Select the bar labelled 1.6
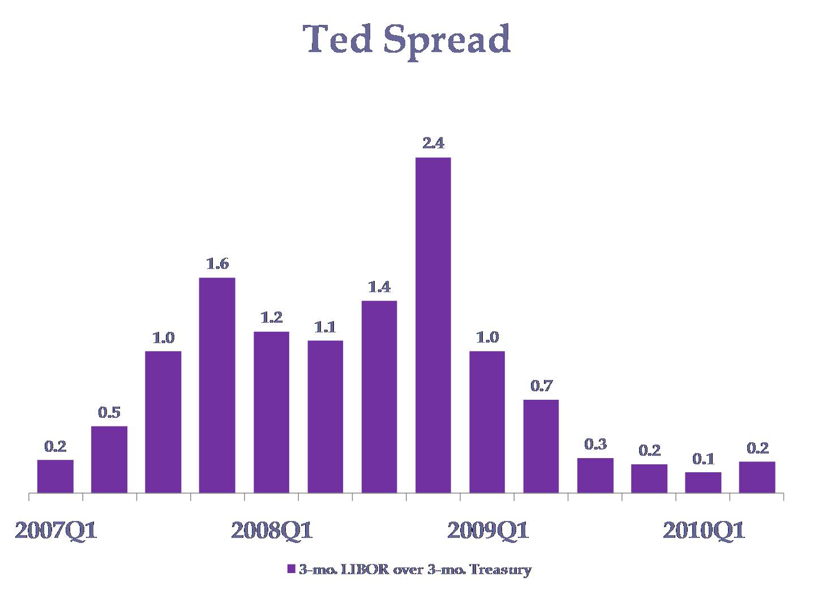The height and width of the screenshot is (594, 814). click(217, 385)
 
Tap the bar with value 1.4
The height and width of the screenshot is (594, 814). click(379, 396)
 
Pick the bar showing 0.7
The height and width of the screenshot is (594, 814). click(541, 446)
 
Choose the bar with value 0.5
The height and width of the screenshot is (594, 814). click(109, 459)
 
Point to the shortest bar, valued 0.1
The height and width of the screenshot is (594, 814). click(703, 482)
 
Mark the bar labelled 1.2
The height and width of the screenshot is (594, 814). click(271, 412)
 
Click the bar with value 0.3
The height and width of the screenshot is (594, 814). click(595, 475)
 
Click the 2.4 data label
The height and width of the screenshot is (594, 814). click(433, 143)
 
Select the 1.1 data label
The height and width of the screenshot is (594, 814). click(325, 327)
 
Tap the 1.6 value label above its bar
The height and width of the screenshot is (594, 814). click(217, 264)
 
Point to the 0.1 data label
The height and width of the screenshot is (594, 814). click(703, 459)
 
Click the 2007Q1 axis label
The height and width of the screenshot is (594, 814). click(55, 531)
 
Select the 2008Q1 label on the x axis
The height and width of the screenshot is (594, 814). click(272, 531)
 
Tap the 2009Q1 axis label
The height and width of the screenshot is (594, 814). click(488, 531)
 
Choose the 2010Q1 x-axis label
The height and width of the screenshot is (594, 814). click(704, 531)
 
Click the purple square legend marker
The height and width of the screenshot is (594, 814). click(291, 569)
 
